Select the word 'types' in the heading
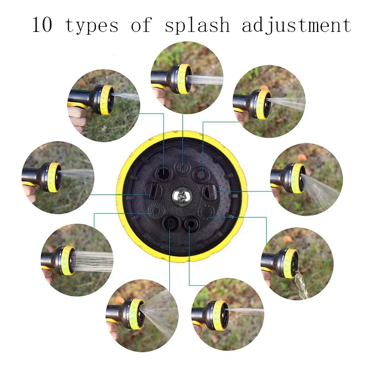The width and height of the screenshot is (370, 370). click(92, 25)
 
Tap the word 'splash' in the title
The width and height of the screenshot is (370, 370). click(197, 25)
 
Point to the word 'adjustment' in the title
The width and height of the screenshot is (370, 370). click(296, 25)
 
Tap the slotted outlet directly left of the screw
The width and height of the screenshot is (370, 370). click(153, 190)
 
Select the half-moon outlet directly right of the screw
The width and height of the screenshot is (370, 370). click(209, 190)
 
